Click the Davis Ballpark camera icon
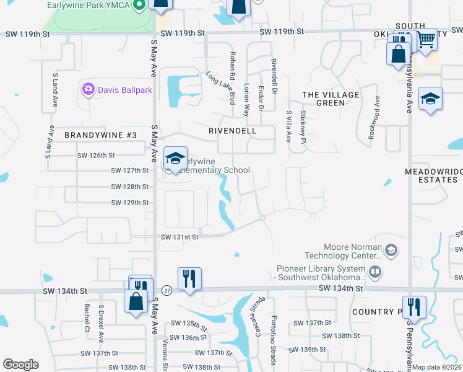point(89,89)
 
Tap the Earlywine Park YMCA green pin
point(139,6)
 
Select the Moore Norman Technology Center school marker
point(391,250)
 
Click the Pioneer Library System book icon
point(374,272)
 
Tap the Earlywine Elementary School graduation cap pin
point(175,157)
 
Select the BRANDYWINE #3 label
point(92,135)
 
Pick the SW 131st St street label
point(180,237)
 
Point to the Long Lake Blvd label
point(221,87)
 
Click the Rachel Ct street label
point(87,317)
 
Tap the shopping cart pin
point(426,40)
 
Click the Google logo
point(20,365)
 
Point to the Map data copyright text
point(437,367)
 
